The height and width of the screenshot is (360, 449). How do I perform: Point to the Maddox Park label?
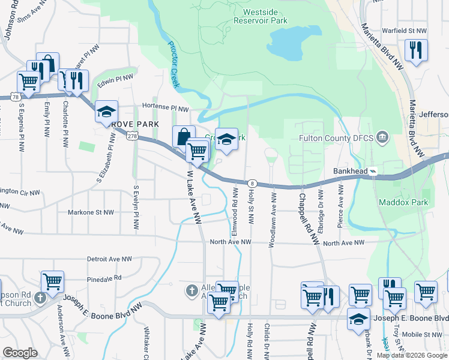click(x=403, y=202)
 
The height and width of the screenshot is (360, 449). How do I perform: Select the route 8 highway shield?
click(x=252, y=183)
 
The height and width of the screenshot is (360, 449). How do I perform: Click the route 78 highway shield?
click(x=13, y=96)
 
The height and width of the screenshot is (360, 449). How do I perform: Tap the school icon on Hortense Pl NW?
click(x=106, y=112)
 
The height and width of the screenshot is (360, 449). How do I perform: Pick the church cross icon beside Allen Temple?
click(x=191, y=291)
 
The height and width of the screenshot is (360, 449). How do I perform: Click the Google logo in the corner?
click(x=20, y=353)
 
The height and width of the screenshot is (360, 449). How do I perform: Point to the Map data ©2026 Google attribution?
click(x=412, y=355)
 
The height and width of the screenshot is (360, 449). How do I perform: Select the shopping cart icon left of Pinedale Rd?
click(x=52, y=281)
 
